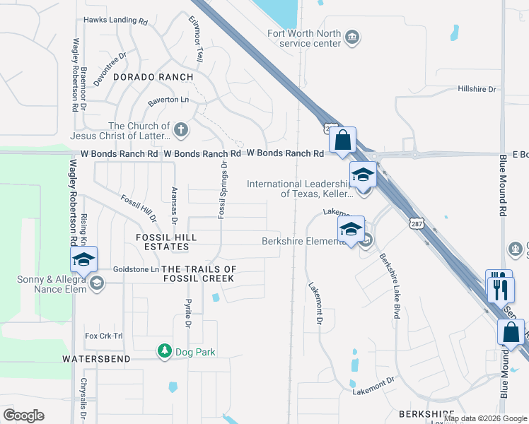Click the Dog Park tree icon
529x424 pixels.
tap(164, 351)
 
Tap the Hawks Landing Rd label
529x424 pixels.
tap(115, 21)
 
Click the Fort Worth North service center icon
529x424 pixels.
tap(351, 37)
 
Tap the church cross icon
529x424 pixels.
tap(181, 130)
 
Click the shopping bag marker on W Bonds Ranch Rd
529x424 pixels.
tap(342, 141)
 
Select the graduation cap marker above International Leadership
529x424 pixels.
tap(363, 174)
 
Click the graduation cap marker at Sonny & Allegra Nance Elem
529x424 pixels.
tap(83, 259)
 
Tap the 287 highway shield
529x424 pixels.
tap(416, 223)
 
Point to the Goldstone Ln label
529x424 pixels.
tap(136, 270)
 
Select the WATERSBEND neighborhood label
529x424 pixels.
tap(95, 359)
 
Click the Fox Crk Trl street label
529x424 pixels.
tap(103, 336)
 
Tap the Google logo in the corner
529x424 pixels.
tap(23, 416)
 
